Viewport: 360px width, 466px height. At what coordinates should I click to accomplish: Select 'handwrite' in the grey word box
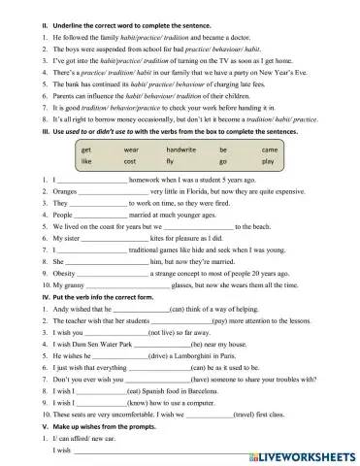(x=181, y=150)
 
